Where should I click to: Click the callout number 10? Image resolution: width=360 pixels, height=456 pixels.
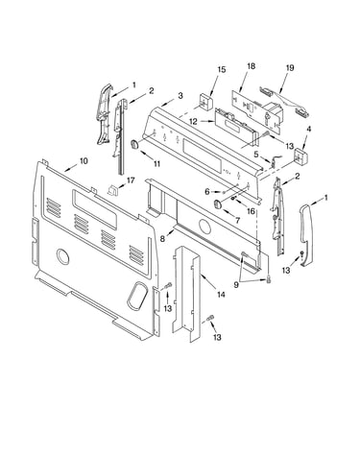[x=84, y=160]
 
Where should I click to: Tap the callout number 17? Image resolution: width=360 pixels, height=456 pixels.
[x=131, y=180]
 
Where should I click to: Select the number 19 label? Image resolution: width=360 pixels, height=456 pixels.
[x=290, y=68]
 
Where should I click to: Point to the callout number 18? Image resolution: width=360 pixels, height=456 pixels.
[x=252, y=66]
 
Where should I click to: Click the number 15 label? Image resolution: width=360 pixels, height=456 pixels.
[x=222, y=69]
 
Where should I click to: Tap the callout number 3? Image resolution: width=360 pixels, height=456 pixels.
[x=180, y=95]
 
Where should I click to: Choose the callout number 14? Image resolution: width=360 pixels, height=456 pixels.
[x=221, y=294]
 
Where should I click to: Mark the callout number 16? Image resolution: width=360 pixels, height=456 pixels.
[x=251, y=211]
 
